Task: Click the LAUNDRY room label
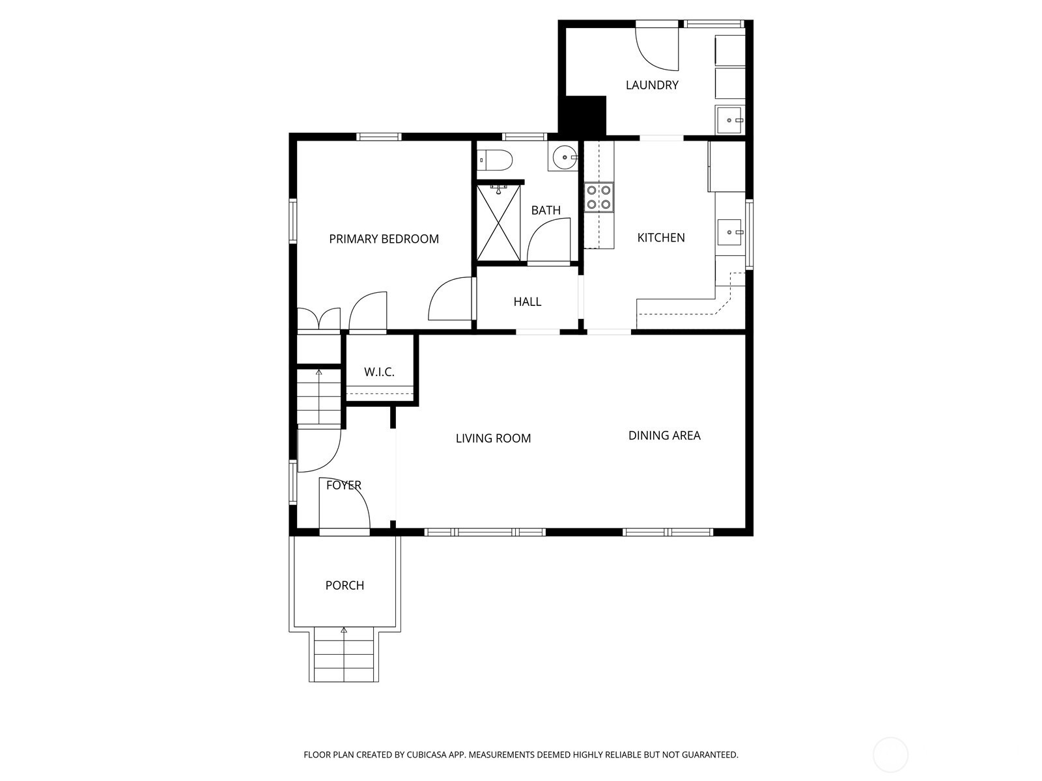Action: click(652, 85)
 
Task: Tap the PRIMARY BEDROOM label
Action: click(384, 239)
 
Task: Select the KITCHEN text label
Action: click(661, 238)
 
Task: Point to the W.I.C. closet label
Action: click(379, 372)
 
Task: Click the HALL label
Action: click(528, 301)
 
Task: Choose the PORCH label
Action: click(345, 586)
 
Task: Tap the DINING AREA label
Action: click(664, 435)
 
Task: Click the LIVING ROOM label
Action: click(493, 438)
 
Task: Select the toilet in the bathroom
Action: click(495, 160)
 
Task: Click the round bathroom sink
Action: click(563, 156)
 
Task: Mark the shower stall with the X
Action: click(498, 223)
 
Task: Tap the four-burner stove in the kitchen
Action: click(598, 197)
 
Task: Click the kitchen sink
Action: click(729, 232)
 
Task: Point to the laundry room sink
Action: click(729, 120)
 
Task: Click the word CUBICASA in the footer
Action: click(427, 754)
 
